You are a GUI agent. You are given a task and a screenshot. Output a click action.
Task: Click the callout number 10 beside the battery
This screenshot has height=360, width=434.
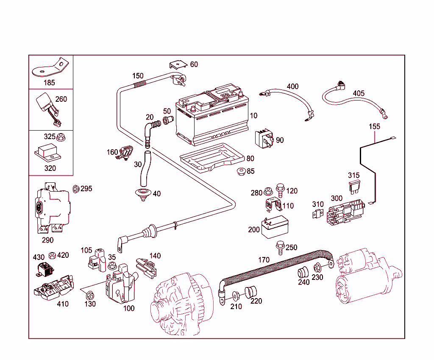253,116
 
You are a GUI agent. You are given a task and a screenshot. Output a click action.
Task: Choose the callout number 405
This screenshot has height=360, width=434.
359,93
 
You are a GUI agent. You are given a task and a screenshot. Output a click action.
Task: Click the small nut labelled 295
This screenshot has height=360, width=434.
75,188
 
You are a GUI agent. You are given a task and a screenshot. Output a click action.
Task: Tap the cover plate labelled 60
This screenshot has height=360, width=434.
178,66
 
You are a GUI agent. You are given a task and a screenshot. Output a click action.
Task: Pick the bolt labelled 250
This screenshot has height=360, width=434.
280,247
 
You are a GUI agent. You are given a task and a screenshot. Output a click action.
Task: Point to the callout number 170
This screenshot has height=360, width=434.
264,260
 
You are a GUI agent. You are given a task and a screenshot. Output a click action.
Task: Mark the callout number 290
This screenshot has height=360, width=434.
48,240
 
